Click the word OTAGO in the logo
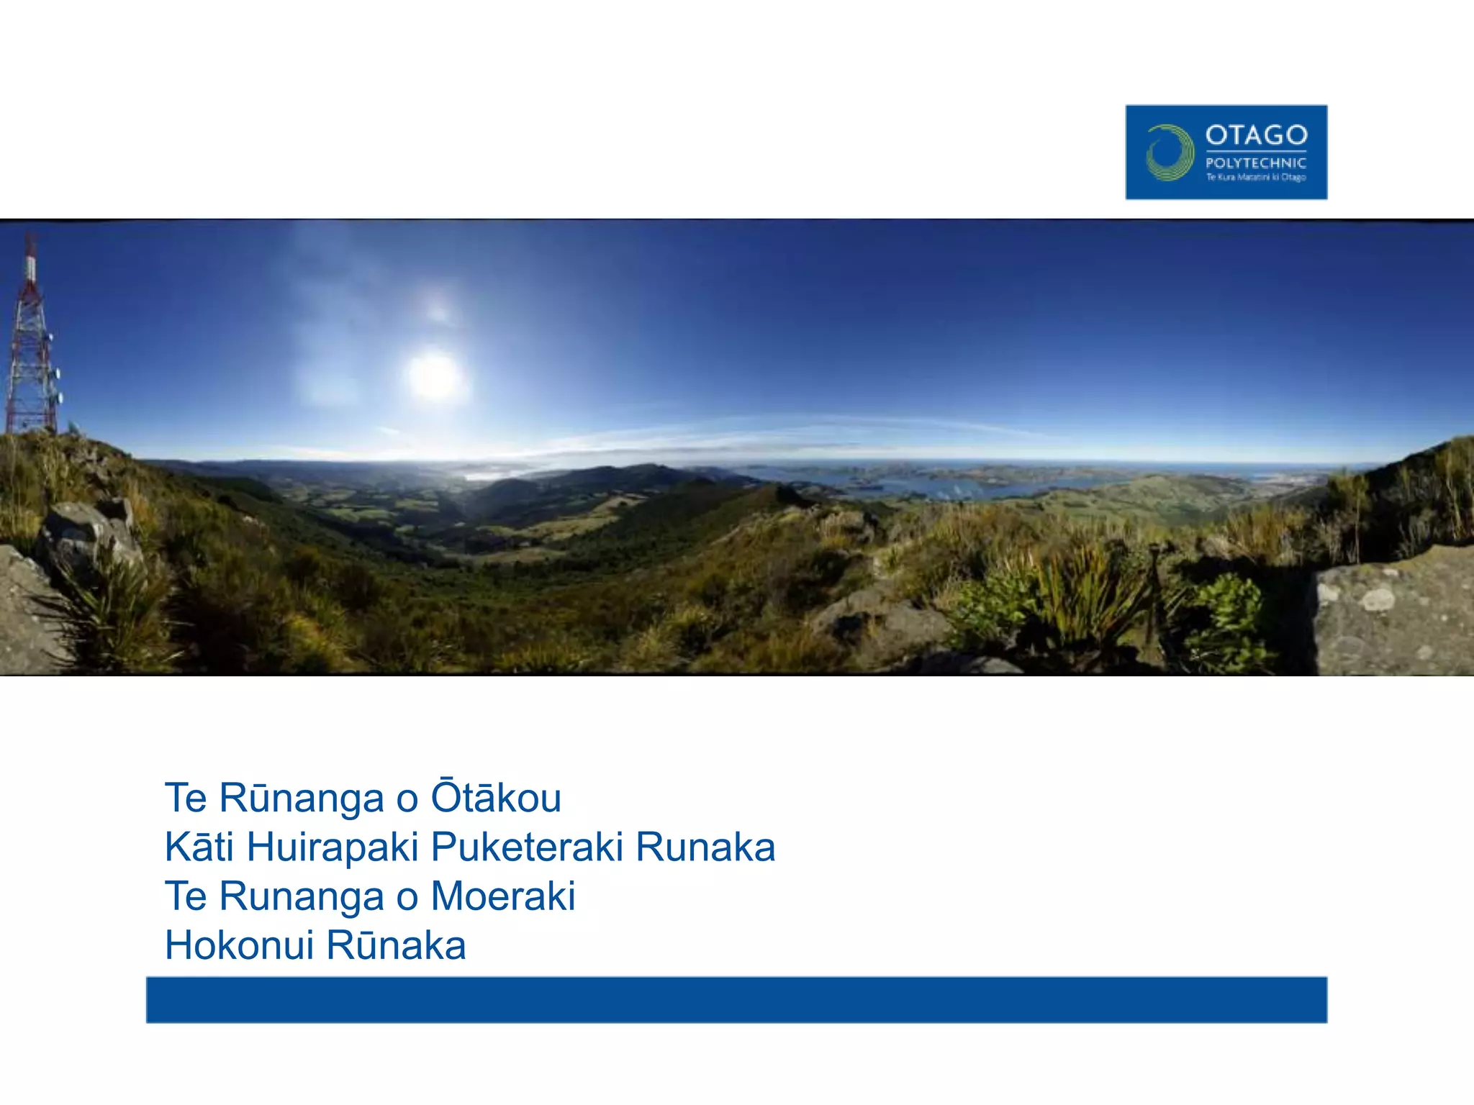[x=1256, y=135]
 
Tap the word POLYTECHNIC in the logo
[x=1256, y=163]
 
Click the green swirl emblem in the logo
[x=1169, y=153]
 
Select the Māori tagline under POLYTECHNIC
[x=1256, y=178]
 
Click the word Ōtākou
[x=496, y=797]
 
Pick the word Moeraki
[x=503, y=896]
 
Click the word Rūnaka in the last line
[x=396, y=945]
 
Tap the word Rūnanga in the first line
[x=301, y=797]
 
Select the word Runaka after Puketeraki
[x=705, y=847]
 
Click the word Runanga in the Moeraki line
[x=301, y=896]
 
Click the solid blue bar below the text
[x=736, y=999]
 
